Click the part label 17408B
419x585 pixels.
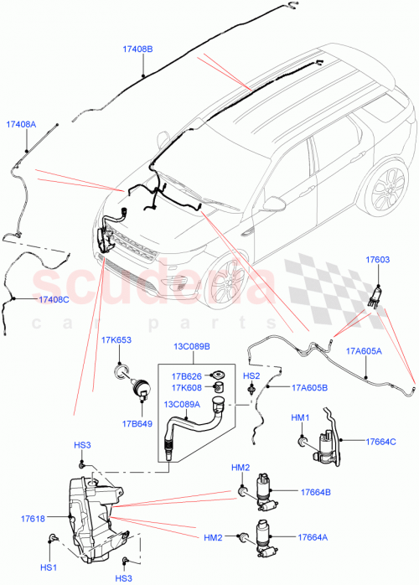click(x=137, y=49)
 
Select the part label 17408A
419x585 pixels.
click(x=21, y=124)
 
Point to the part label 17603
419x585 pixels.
click(x=378, y=261)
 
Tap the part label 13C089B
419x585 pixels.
click(x=192, y=345)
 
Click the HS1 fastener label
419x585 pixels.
click(x=49, y=567)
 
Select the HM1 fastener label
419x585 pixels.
click(x=300, y=417)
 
